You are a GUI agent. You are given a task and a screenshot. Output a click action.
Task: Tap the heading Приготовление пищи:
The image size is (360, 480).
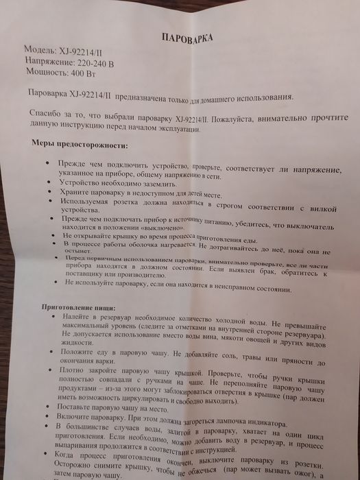(75, 309)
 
